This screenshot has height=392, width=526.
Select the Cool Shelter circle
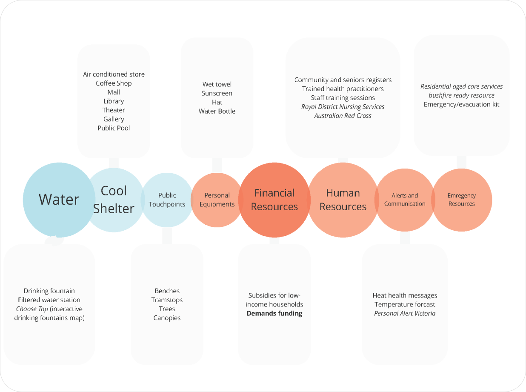[x=114, y=200]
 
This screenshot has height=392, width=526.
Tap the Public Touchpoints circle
[x=167, y=200]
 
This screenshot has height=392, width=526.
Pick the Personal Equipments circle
[x=217, y=200]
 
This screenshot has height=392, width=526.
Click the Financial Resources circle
[x=274, y=200]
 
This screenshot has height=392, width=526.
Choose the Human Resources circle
[x=343, y=200]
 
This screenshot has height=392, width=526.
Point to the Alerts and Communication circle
[x=405, y=200]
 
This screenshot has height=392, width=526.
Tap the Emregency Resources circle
[x=462, y=200]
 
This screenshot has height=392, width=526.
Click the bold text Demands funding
[x=274, y=313]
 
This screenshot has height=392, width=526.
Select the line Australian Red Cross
[x=343, y=116]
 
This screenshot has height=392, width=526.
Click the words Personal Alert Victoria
[x=405, y=313]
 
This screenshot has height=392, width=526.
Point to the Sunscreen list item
[x=217, y=93]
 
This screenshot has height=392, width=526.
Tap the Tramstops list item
[x=167, y=300]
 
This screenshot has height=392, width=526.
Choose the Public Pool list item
[x=114, y=128]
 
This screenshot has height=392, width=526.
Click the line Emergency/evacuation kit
[x=461, y=104]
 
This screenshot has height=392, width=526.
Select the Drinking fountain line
[x=49, y=291]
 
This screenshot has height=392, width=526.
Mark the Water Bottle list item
[x=217, y=111]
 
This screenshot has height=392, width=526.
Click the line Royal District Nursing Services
[x=343, y=107]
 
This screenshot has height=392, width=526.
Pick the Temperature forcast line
[x=405, y=304]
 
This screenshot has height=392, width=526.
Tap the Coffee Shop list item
[x=114, y=83]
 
